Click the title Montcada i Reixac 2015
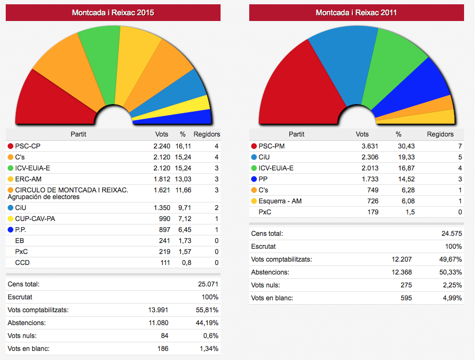[x=113, y=13]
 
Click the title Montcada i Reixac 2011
[x=356, y=13]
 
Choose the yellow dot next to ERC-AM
[x=11, y=179]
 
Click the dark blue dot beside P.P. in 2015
[x=11, y=230]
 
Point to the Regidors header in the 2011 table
[x=440, y=134]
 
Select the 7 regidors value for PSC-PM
[x=459, y=146]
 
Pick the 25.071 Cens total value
[x=208, y=284]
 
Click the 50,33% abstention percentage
[x=451, y=272]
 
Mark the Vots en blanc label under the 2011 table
[x=272, y=298]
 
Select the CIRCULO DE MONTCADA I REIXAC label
[x=72, y=190]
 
